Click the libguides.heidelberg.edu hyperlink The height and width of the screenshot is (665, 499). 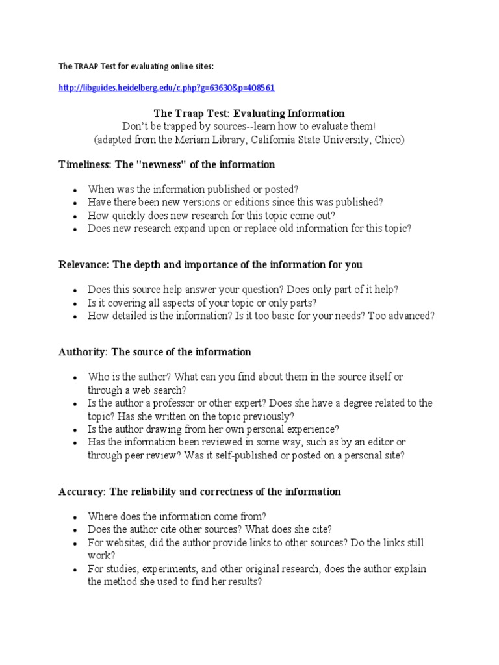[x=162, y=88]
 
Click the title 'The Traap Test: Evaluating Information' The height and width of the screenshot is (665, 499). [x=249, y=113]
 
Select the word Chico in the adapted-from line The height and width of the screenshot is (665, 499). [x=390, y=140]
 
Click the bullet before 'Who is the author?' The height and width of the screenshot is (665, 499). [x=75, y=377]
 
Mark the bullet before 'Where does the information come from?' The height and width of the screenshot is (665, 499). [x=75, y=517]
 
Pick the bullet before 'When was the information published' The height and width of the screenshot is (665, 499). [x=75, y=190]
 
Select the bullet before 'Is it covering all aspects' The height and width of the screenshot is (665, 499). [x=75, y=303]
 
